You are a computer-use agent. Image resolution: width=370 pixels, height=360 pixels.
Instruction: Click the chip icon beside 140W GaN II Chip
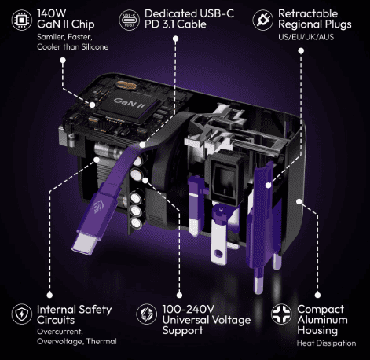(22, 20)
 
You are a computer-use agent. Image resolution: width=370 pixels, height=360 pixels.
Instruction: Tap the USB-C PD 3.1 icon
(129, 20)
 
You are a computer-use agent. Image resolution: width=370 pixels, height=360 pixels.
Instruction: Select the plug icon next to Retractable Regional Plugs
(262, 20)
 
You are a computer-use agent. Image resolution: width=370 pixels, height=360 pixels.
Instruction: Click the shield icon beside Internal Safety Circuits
(22, 314)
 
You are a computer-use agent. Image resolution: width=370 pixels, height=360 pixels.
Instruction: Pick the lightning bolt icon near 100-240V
(147, 314)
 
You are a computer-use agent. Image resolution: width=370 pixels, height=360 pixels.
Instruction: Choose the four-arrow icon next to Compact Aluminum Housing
(281, 314)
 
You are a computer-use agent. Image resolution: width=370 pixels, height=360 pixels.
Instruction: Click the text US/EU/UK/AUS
(306, 37)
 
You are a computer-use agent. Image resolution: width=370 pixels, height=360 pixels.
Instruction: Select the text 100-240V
(189, 309)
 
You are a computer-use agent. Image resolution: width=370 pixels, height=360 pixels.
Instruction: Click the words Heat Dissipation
(326, 343)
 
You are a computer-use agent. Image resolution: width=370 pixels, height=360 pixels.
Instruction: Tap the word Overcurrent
(60, 332)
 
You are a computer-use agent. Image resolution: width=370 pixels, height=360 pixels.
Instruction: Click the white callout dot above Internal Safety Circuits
(49, 296)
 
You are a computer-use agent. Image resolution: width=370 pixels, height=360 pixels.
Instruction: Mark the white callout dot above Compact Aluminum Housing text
(317, 296)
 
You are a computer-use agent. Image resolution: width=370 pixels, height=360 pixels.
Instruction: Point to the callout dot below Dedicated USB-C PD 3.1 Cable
(176, 39)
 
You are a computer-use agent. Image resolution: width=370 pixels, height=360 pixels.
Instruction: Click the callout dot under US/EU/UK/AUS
(301, 50)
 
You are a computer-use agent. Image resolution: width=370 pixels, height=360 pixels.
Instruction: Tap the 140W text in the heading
(52, 13)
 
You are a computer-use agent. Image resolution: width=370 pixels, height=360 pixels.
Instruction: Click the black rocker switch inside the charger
(225, 177)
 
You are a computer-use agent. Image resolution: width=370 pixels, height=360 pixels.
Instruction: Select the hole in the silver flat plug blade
(218, 253)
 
